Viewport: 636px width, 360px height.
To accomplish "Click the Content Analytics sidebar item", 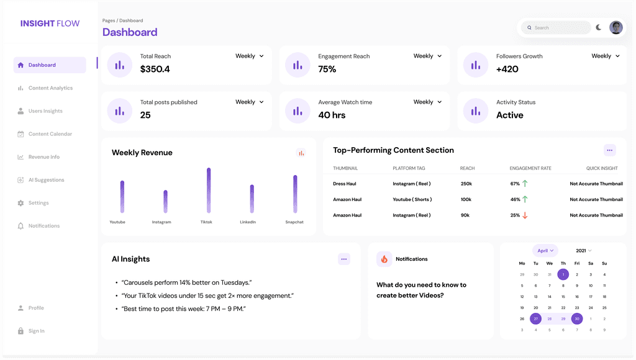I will click(x=50, y=88).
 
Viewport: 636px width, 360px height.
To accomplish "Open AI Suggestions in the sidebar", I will click(x=46, y=180).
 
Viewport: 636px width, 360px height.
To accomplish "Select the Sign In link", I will click(x=36, y=331).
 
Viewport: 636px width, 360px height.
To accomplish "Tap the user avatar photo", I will click(x=616, y=27).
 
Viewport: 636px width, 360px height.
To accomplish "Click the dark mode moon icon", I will click(x=598, y=27).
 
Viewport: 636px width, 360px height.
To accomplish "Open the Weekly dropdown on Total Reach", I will click(x=250, y=56).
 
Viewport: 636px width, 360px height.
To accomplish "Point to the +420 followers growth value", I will click(x=507, y=69).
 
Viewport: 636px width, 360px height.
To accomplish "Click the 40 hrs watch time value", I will click(x=333, y=115).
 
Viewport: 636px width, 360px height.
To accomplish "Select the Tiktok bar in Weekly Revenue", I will click(x=209, y=191).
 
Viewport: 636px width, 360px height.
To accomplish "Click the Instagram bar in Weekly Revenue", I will click(x=165, y=202).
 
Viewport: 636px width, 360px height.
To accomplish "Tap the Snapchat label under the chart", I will click(x=294, y=222).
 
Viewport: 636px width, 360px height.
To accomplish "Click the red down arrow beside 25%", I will click(x=525, y=215).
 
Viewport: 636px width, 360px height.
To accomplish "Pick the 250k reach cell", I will click(x=466, y=184).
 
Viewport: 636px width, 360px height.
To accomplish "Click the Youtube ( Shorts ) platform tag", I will click(x=412, y=199).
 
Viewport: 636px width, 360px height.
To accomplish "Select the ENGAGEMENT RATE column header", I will click(x=530, y=168).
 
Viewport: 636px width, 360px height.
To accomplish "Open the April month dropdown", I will click(x=545, y=251).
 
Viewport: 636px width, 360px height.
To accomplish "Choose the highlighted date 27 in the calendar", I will click(x=535, y=318).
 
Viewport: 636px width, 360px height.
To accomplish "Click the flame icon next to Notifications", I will click(x=384, y=259).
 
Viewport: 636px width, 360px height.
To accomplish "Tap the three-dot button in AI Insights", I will click(x=344, y=259).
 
